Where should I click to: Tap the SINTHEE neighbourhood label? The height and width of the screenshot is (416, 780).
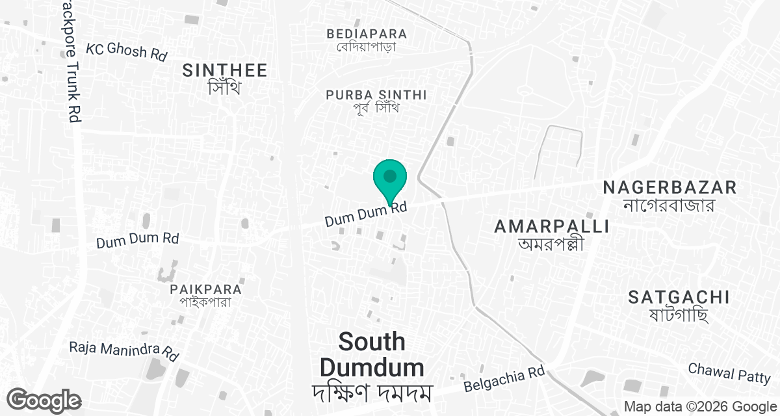(225, 70)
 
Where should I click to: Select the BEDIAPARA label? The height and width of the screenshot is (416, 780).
(367, 34)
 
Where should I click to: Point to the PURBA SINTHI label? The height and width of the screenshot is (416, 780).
(376, 95)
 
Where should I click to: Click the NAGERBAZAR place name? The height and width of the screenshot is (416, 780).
(669, 188)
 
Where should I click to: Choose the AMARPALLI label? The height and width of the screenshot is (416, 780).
(551, 226)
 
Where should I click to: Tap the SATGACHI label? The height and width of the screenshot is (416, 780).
(679, 298)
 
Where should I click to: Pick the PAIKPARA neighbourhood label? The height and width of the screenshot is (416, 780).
(205, 289)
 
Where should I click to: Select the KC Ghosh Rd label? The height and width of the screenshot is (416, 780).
(127, 51)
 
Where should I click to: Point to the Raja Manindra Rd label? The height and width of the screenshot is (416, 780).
(124, 350)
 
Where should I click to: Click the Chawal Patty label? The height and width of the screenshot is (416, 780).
(729, 372)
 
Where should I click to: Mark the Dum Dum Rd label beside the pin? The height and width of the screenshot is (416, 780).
(366, 215)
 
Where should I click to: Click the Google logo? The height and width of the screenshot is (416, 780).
(44, 400)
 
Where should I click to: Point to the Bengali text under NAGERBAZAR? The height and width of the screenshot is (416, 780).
(669, 205)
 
